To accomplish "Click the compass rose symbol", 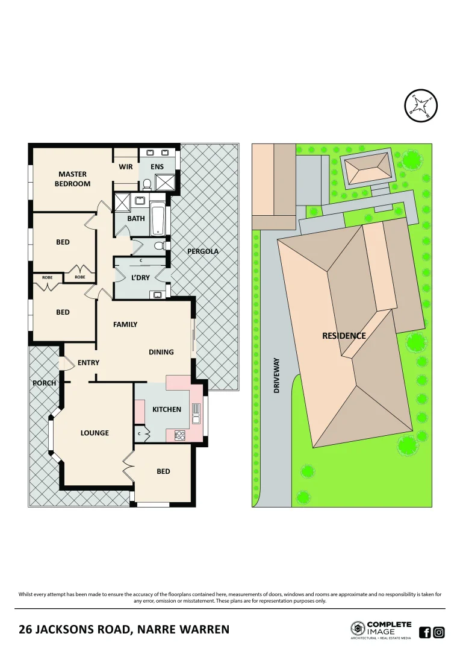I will point(420,105).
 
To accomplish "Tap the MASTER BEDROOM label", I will point(72,179).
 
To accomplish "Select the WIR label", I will point(126,166).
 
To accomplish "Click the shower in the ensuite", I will point(164,181).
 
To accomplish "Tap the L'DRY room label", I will point(140,278).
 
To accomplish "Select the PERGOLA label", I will point(203,251).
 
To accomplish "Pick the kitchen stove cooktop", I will point(179,435).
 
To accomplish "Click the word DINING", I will point(161,352).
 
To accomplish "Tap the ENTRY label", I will point(89,363).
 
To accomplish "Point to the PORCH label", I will point(44,383).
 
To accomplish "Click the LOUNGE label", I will point(95,433).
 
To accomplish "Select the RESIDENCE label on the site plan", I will point(344,336).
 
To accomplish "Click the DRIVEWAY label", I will point(277,376).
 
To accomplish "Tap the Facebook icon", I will point(424,632).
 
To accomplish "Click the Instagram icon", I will point(439,632).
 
